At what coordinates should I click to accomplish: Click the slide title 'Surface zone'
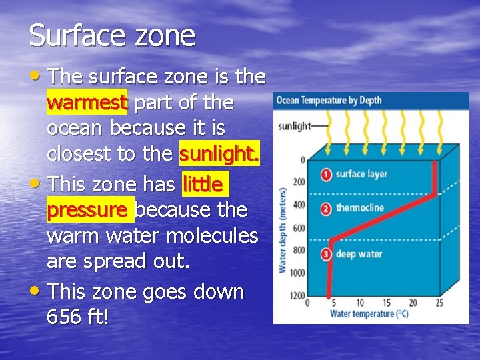pyautogui.click(x=112, y=35)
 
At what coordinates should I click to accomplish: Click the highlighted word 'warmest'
pyautogui.click(x=87, y=103)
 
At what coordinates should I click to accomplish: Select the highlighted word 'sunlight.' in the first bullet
pyautogui.click(x=219, y=154)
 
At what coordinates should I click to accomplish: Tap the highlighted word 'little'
pyautogui.click(x=203, y=184)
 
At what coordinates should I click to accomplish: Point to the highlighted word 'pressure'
pyautogui.click(x=87, y=210)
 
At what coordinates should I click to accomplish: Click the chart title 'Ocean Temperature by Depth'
pyautogui.click(x=329, y=101)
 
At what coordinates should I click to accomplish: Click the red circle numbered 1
pyautogui.click(x=326, y=175)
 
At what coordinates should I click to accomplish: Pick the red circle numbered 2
pyautogui.click(x=326, y=209)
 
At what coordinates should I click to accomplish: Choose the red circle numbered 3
pyautogui.click(x=326, y=253)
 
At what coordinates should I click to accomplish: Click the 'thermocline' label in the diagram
pyautogui.click(x=360, y=208)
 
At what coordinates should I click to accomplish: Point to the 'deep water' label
pyautogui.click(x=358, y=254)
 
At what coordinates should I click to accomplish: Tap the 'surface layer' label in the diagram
pyautogui.click(x=361, y=175)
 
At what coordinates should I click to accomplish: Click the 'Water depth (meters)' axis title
pyautogui.click(x=282, y=229)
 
